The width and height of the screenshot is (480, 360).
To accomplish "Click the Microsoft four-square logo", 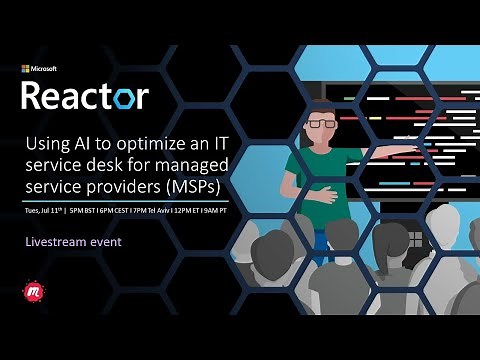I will [x=25, y=69].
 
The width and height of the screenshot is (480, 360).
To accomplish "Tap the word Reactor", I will [x=85, y=96].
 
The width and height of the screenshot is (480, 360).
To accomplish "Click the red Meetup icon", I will [x=29, y=293].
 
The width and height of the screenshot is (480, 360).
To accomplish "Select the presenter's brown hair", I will [x=321, y=108].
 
